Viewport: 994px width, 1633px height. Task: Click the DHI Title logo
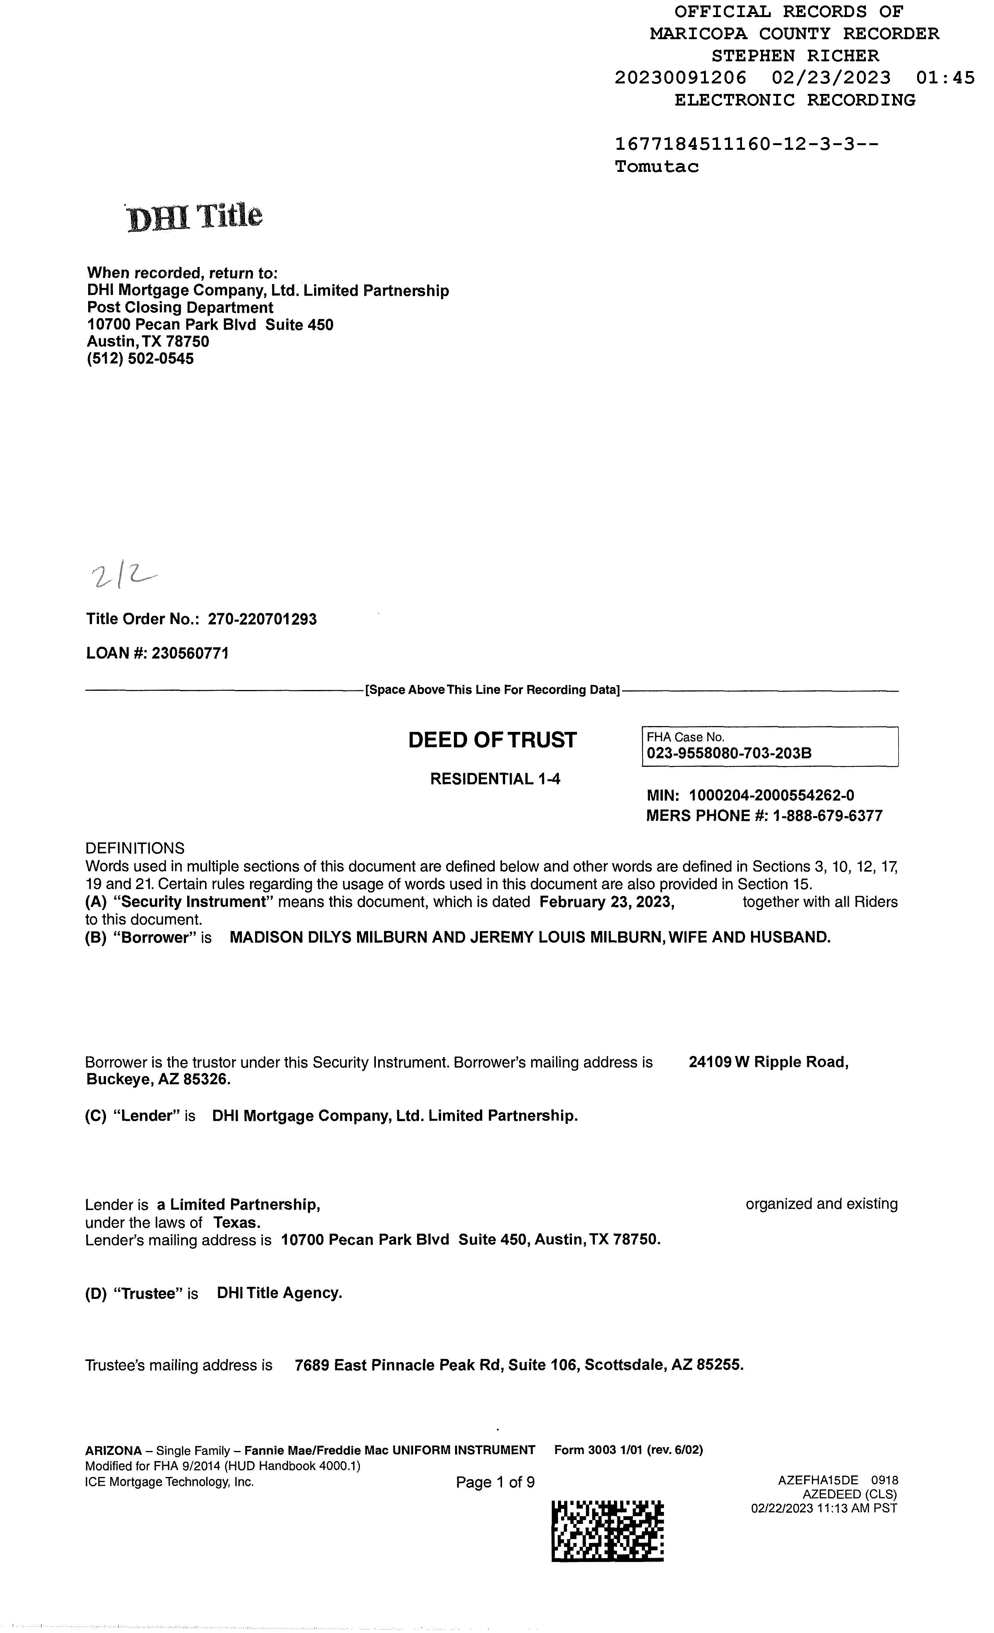(x=194, y=217)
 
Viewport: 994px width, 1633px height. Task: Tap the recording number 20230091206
(x=680, y=78)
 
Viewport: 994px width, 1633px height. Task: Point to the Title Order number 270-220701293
(x=262, y=620)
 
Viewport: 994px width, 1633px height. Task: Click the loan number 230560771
(x=190, y=654)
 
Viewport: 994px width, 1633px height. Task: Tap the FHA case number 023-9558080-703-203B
(x=729, y=754)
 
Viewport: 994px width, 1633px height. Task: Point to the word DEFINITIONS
(x=135, y=848)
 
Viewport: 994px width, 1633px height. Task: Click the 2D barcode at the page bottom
(x=607, y=1532)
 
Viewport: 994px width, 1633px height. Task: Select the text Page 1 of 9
(x=495, y=1482)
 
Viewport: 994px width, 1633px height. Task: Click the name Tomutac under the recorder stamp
(x=657, y=167)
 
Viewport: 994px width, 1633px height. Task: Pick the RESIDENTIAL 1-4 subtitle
(x=495, y=779)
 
